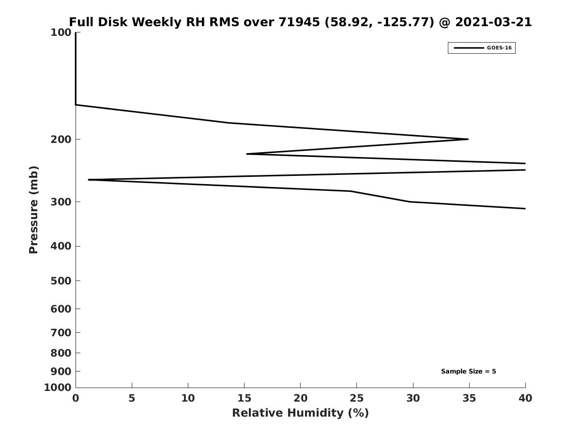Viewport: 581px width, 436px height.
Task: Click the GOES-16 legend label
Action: (x=499, y=48)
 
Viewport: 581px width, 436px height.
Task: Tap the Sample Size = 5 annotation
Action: (x=468, y=372)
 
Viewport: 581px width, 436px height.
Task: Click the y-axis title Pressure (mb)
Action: (x=33, y=210)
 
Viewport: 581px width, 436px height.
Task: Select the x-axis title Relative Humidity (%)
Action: (x=301, y=413)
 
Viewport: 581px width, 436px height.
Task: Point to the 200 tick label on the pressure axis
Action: (x=61, y=139)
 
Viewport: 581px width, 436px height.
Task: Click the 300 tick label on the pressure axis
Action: (x=61, y=202)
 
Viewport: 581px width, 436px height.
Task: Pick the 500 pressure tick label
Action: (x=61, y=280)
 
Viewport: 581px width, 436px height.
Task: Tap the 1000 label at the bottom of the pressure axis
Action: (x=58, y=388)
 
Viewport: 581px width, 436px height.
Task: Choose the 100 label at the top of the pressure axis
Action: (x=61, y=32)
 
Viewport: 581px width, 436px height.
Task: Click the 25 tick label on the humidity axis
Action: (x=356, y=398)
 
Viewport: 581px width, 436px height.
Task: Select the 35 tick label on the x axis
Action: (x=469, y=398)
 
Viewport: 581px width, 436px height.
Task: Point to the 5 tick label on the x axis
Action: (x=132, y=398)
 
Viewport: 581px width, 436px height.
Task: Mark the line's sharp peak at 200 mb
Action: (x=468, y=139)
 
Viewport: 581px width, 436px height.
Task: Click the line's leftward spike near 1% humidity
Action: (x=89, y=180)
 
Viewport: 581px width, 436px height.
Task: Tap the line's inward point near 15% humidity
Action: (x=247, y=154)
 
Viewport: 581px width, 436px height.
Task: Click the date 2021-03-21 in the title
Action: (x=493, y=22)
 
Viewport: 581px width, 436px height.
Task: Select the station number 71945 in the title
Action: (x=299, y=22)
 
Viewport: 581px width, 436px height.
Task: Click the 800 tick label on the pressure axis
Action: (x=61, y=353)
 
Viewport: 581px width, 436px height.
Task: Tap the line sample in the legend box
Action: (x=469, y=48)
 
